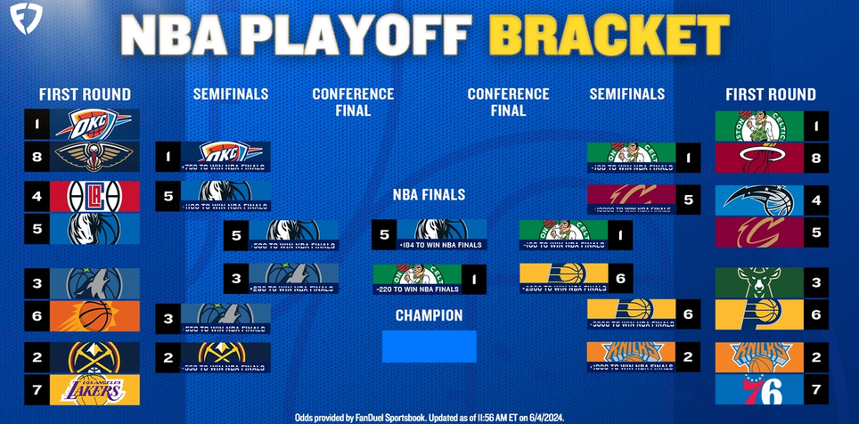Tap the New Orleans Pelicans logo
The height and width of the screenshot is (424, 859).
coord(94,157)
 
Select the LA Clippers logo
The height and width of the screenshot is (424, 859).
coord(94,195)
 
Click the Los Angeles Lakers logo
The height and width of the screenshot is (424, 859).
coord(94,389)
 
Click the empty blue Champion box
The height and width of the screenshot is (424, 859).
coord(429,346)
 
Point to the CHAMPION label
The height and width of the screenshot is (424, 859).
coord(429,315)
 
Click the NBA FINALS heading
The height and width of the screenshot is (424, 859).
coord(429,195)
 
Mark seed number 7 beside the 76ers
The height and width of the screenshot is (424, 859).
coord(816,389)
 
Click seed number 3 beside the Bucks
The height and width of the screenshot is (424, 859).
coord(816,284)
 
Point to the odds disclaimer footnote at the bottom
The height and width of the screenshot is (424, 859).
coord(429,417)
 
